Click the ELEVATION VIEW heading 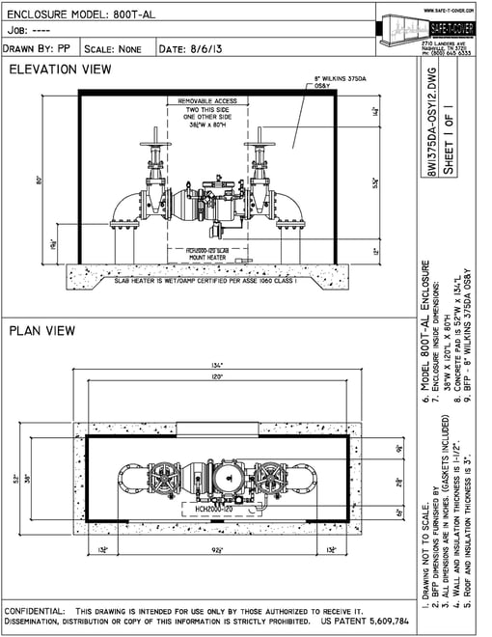tap(59, 69)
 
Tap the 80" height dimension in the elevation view tap(40, 180)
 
